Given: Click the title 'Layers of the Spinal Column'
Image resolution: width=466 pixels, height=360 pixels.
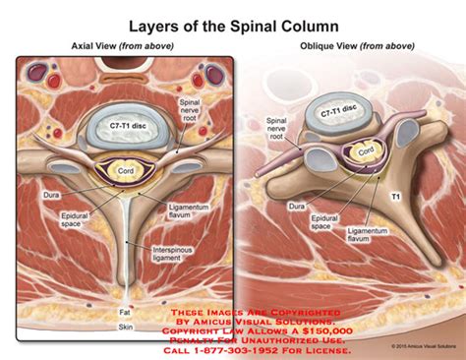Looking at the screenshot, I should click(232, 22).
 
